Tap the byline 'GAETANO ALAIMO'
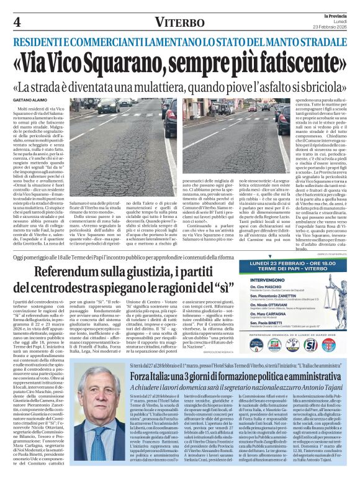(x=29, y=99)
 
